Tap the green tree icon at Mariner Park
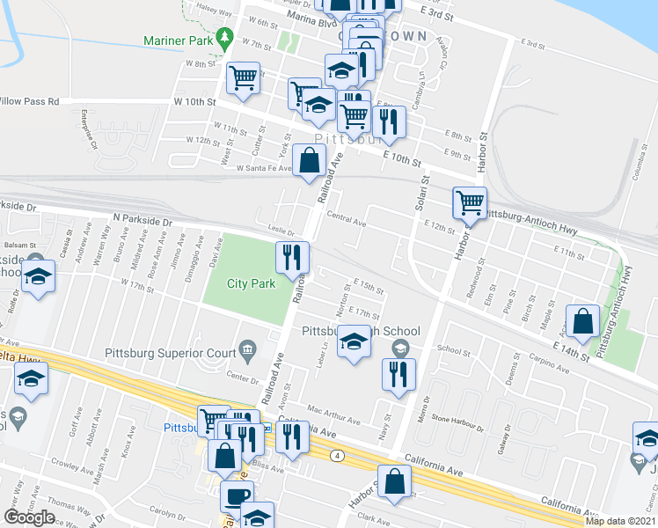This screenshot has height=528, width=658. pyautogui.click(x=225, y=38)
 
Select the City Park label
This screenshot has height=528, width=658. pyautogui.click(x=251, y=283)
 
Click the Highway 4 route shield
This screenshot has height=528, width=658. pyautogui.click(x=337, y=456)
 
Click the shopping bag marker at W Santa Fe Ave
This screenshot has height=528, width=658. pyautogui.click(x=309, y=161)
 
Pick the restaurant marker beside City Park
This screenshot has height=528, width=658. pyautogui.click(x=291, y=257)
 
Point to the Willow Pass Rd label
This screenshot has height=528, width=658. pyautogui.click(x=29, y=101)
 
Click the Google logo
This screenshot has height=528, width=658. pyautogui.click(x=30, y=517)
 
